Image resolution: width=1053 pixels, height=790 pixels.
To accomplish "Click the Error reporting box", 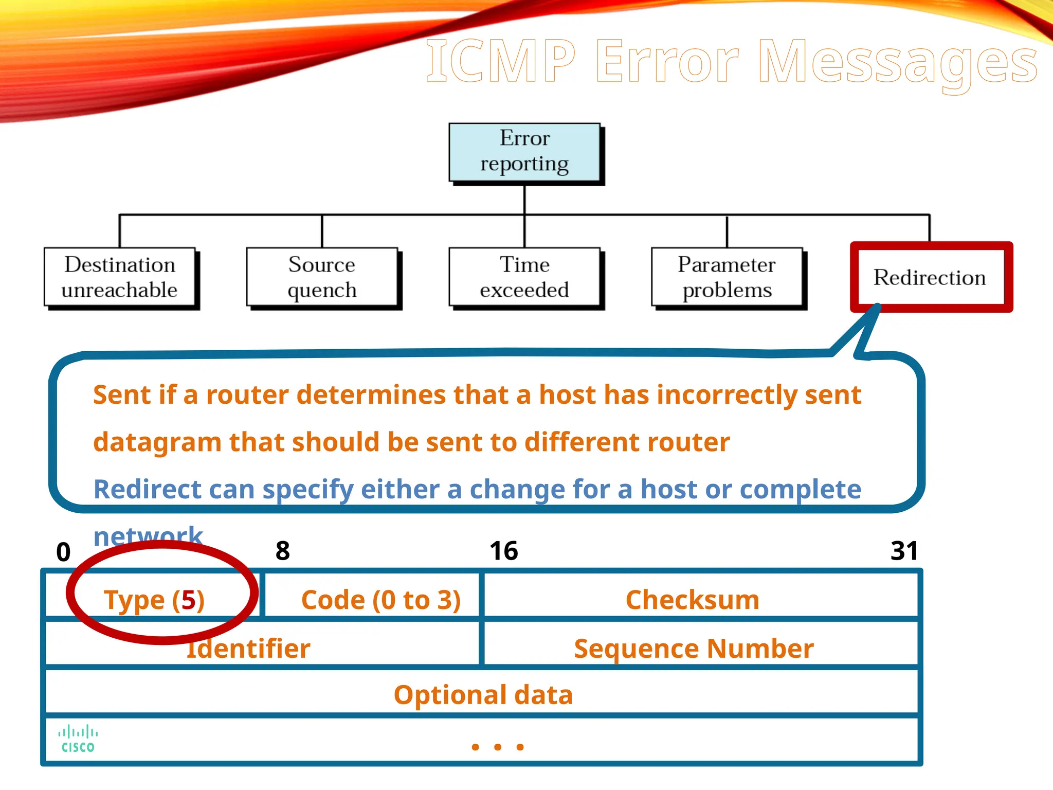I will point(524,152).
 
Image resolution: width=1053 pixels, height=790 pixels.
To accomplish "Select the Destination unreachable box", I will point(119,277).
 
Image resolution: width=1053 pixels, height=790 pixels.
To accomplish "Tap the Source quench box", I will point(322,277).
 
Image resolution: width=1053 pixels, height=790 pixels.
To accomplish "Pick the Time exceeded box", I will point(524,277).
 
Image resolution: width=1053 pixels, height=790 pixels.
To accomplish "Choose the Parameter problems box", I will point(727,277).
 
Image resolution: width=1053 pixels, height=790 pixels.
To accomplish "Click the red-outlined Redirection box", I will point(930,277).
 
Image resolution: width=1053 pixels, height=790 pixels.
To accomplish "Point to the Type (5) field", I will point(154,600).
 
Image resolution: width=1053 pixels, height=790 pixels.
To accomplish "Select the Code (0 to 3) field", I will point(380,600).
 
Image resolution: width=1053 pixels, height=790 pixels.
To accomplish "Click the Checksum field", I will point(693,600).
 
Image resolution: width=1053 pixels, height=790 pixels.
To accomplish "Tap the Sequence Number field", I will point(694,648).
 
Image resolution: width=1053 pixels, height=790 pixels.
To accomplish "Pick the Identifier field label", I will point(249,648).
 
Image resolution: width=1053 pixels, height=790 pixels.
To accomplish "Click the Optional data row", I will point(483,694).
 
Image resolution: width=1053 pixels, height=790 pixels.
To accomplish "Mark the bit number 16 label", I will point(503,551).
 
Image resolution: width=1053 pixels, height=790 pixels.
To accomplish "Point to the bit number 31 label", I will point(904,551).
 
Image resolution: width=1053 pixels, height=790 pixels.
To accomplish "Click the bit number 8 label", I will point(282,551).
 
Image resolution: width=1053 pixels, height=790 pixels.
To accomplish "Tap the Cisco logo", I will point(78,739).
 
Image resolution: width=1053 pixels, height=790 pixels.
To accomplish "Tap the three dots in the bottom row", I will point(497,747).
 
